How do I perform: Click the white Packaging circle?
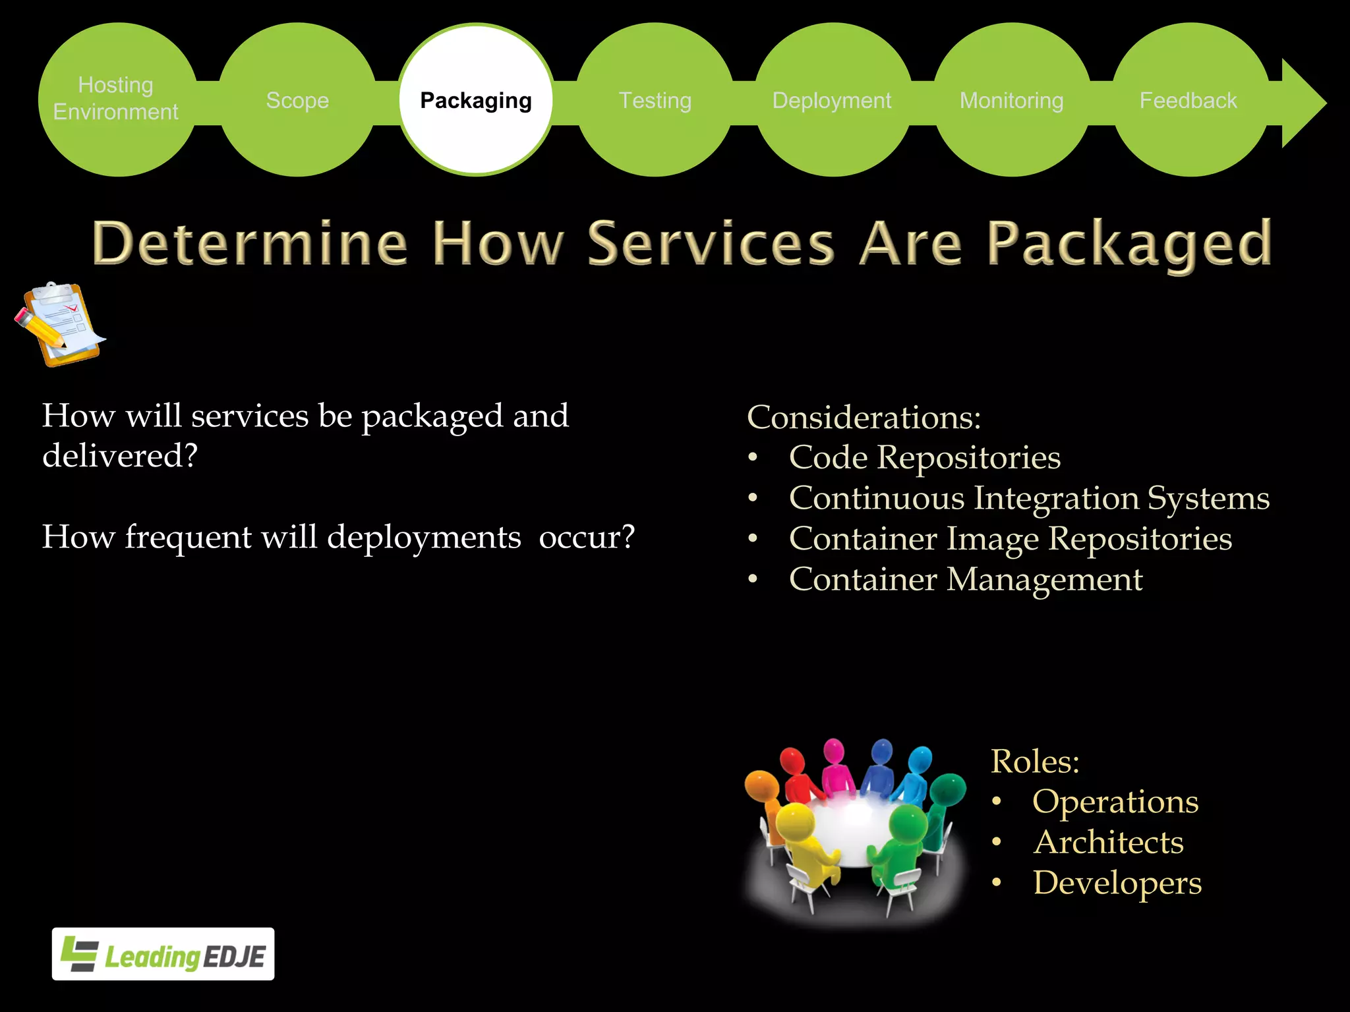(x=476, y=100)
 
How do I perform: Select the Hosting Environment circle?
(x=117, y=99)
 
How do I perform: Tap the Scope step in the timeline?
(x=297, y=100)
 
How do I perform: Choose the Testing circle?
(x=655, y=100)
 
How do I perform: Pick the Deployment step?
(x=832, y=100)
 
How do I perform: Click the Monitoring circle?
(x=1012, y=100)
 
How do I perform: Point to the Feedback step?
(x=1189, y=100)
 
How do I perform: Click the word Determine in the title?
(x=250, y=244)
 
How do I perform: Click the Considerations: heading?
(x=864, y=418)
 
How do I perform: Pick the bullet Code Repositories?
(x=924, y=458)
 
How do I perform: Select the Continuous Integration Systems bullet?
(x=1028, y=498)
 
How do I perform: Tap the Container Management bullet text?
(x=965, y=580)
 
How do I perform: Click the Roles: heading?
(x=1035, y=762)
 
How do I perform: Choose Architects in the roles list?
(x=1108, y=843)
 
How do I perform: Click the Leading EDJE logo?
(x=163, y=954)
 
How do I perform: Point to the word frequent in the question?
(x=188, y=537)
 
